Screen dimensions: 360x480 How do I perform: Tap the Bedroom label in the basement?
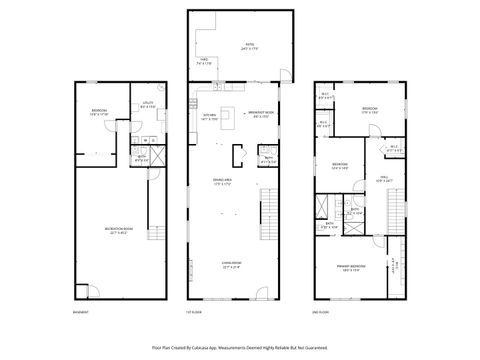(x=100, y=112)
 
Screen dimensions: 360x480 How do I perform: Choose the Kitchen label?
(x=210, y=118)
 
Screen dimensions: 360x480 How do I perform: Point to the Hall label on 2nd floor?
(x=384, y=180)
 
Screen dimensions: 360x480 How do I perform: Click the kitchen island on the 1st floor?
(x=227, y=115)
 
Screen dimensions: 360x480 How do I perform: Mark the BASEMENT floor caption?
(x=80, y=312)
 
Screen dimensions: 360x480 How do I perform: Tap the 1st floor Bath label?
(x=269, y=160)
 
